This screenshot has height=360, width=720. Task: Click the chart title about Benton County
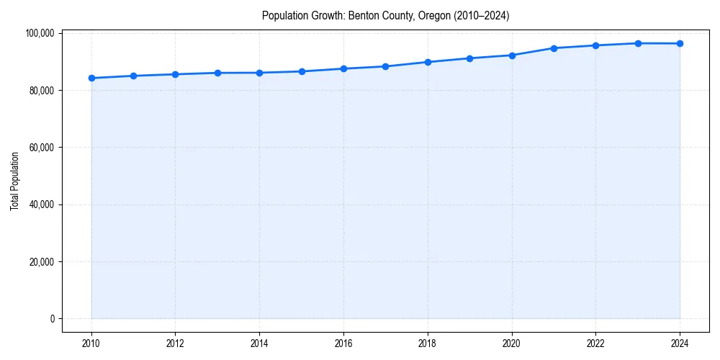(x=385, y=16)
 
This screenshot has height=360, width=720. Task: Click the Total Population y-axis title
(x=14, y=181)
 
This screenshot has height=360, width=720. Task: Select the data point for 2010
(x=91, y=78)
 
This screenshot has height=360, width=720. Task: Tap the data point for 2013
(x=217, y=73)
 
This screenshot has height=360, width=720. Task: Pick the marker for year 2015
(x=302, y=71)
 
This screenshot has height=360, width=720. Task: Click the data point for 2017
(x=386, y=66)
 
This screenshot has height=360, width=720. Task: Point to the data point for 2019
(x=469, y=58)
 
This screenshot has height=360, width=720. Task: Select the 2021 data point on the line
(x=554, y=48)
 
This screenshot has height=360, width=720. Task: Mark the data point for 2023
(x=638, y=43)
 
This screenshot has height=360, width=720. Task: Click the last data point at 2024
(x=680, y=43)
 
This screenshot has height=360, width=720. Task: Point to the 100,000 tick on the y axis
(x=40, y=33)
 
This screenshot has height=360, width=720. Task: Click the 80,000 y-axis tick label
(x=42, y=91)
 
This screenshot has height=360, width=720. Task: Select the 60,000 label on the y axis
(x=42, y=148)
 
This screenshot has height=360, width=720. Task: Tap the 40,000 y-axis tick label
(x=42, y=204)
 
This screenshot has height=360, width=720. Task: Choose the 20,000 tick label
(x=42, y=261)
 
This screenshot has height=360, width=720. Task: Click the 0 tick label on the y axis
(x=52, y=319)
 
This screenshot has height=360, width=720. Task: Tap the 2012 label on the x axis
(x=175, y=343)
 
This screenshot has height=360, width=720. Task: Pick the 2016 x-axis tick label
(x=343, y=343)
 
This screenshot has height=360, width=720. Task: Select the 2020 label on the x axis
(x=512, y=343)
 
